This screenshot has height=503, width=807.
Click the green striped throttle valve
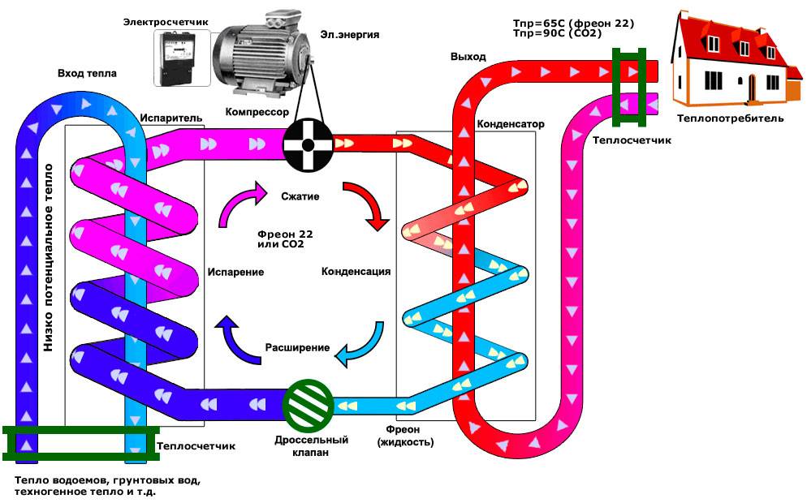tap(309, 403)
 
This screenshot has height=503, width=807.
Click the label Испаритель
tap(170, 118)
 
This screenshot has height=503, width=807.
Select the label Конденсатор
tap(510, 124)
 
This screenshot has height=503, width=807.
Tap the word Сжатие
tap(300, 197)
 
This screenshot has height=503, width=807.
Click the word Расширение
tap(297, 348)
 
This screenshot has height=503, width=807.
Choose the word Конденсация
tap(356, 271)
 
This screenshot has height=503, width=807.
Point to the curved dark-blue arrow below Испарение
tap(237, 337)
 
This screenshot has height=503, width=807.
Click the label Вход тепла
tap(87, 74)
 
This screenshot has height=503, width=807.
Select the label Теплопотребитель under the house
tap(731, 118)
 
